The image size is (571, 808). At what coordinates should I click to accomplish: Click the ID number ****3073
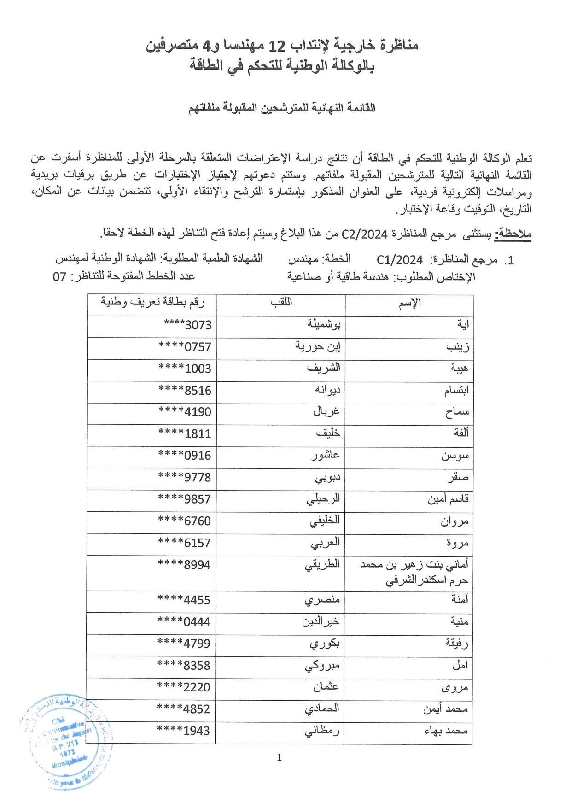click(x=188, y=325)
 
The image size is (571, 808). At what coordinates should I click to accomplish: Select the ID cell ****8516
click(x=185, y=391)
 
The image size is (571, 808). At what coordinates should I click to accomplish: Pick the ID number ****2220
click(x=184, y=687)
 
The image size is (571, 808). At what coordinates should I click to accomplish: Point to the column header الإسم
click(x=409, y=303)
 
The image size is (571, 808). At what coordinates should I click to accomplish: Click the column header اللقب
click(x=281, y=303)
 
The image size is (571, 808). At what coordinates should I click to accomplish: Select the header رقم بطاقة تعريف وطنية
click(x=152, y=302)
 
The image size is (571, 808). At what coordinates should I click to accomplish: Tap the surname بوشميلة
click(x=324, y=325)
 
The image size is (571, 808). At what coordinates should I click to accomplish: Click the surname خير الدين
click(x=320, y=622)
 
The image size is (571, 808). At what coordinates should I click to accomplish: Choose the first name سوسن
click(x=455, y=456)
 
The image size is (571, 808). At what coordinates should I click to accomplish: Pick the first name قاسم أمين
click(x=448, y=499)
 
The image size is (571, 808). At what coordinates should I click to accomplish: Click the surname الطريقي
click(x=322, y=565)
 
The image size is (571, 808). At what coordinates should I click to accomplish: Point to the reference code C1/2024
click(x=399, y=260)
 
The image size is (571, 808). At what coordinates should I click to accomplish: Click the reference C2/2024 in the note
click(x=364, y=234)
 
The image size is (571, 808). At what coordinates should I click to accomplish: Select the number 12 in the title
click(x=277, y=46)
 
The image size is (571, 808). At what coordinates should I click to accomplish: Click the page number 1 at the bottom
click(x=279, y=757)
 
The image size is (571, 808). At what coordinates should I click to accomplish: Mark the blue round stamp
click(x=66, y=742)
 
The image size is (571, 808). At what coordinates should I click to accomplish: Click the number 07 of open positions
click(x=60, y=277)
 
